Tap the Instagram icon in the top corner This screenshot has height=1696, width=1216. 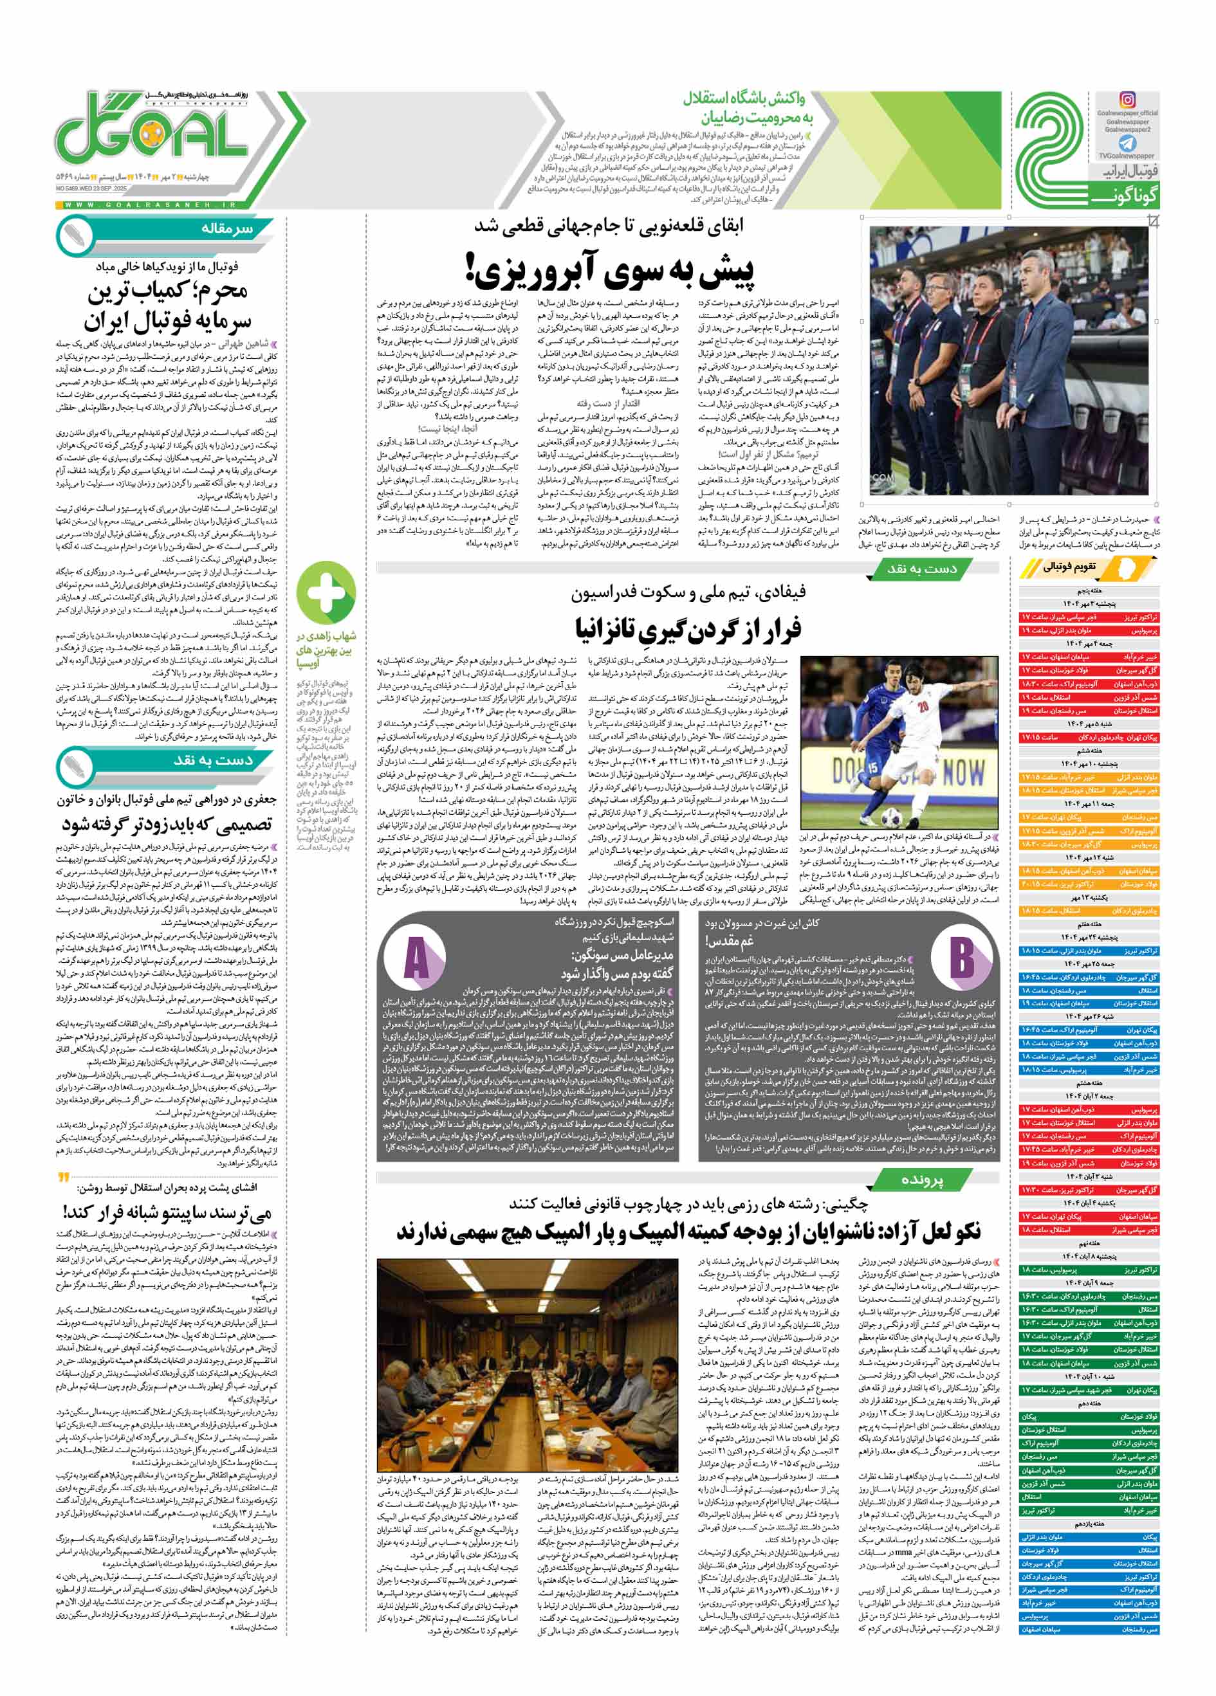(1127, 100)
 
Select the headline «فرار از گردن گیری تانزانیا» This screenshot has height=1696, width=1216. (688, 628)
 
